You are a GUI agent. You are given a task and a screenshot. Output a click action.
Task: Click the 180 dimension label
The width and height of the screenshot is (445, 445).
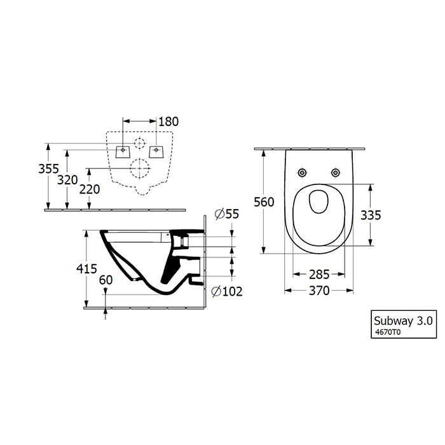tap(168, 121)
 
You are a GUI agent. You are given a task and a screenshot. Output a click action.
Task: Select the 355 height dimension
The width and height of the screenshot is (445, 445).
tap(48, 169)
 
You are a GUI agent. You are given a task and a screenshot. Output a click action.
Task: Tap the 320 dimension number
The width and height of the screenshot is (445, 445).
tap(67, 180)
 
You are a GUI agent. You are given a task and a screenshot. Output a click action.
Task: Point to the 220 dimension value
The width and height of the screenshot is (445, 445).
tap(90, 189)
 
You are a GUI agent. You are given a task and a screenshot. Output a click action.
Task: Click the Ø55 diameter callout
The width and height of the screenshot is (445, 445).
tap(227, 214)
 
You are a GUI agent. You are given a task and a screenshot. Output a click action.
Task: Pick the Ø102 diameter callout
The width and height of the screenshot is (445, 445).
tap(228, 291)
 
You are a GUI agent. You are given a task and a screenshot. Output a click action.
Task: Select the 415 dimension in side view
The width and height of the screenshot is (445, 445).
tap(87, 268)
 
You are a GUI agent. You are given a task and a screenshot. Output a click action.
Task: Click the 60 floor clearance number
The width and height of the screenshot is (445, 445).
tap(106, 280)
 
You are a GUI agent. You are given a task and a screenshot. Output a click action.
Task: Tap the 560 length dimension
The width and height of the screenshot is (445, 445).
tap(264, 202)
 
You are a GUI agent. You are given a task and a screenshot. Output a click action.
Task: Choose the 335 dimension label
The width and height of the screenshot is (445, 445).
tap(371, 216)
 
